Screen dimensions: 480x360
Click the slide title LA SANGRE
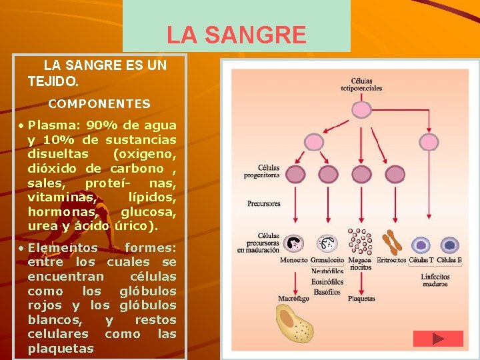(236, 35)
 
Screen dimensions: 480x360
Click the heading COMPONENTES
(99, 104)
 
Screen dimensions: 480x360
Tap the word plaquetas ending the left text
(61, 349)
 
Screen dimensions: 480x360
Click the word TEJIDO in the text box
(53, 80)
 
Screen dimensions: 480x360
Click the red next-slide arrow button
(437, 339)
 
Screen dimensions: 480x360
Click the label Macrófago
(293, 299)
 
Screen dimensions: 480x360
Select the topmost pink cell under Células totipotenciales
(361, 109)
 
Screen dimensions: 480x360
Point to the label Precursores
(264, 203)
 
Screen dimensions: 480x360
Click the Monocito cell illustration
(293, 244)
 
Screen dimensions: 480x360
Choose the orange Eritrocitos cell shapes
(391, 243)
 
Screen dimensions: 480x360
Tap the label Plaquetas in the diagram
(361, 299)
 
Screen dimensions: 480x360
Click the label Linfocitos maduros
(435, 280)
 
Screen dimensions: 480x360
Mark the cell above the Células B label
(449, 245)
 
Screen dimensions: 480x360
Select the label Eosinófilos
(327, 281)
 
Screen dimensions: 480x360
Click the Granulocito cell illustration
(327, 244)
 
